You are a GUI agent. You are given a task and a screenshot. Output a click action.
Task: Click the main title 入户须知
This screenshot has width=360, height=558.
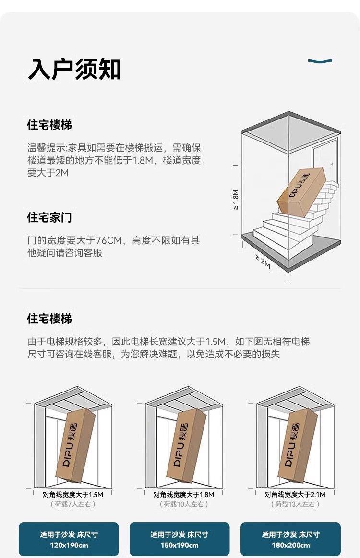[74, 69]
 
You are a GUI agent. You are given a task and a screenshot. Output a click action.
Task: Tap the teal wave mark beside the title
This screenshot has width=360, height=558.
[320, 61]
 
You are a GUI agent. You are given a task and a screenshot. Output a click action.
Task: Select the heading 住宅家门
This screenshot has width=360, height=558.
[49, 217]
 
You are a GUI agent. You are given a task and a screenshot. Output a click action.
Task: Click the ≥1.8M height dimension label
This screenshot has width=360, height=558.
[236, 200]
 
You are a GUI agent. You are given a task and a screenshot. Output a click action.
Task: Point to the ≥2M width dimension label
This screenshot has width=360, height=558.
[263, 261]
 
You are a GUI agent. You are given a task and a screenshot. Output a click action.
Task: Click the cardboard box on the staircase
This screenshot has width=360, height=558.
[301, 190]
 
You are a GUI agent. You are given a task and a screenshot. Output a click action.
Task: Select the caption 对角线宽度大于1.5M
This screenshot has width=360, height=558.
[73, 494]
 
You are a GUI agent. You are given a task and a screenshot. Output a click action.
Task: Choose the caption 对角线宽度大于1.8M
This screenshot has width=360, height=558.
[184, 494]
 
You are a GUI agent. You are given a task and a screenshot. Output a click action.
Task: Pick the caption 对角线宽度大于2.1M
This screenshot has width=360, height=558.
[295, 494]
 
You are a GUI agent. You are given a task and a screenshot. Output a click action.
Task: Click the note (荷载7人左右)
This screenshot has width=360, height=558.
[73, 504]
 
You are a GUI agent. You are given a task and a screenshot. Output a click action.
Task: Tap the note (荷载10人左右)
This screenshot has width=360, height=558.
[184, 504]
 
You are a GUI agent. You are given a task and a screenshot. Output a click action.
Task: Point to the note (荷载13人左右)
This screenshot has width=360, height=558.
[295, 504]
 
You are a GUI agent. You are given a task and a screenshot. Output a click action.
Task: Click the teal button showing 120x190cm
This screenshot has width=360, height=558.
[69, 539]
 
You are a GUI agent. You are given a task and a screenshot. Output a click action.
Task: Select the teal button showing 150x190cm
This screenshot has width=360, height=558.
[180, 539]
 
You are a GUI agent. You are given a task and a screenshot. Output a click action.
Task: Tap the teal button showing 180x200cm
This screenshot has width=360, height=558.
[290, 539]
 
